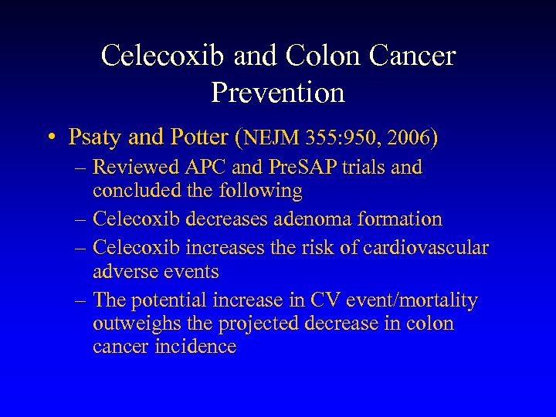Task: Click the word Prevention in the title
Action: [277, 93]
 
